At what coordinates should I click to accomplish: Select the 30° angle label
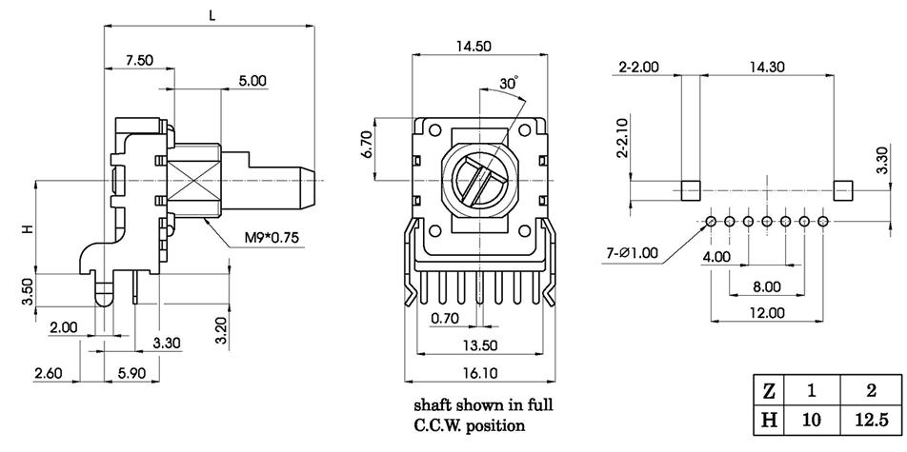pyautogui.click(x=509, y=84)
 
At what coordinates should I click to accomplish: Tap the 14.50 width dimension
pyautogui.click(x=474, y=45)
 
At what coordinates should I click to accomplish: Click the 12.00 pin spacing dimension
pyautogui.click(x=766, y=312)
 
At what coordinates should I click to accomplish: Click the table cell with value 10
pyautogui.click(x=812, y=419)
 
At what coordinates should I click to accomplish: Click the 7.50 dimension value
pyautogui.click(x=139, y=59)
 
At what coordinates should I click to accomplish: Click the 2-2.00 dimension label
pyautogui.click(x=638, y=68)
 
